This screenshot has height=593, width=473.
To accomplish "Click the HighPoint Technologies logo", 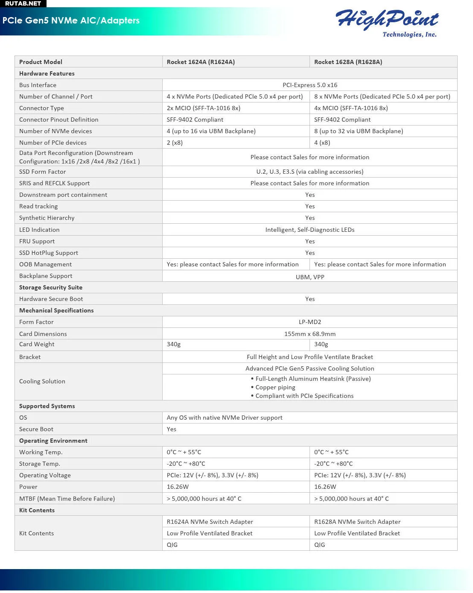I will click(387, 22).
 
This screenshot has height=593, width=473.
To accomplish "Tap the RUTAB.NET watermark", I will click(23, 3).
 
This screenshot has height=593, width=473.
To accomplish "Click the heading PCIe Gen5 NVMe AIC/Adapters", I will click(71, 20).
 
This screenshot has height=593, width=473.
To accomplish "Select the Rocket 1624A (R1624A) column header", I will click(201, 62).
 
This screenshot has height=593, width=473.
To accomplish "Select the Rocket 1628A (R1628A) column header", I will click(348, 62).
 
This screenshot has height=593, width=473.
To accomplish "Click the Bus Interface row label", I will click(38, 85).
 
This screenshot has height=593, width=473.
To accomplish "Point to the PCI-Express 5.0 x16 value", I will click(310, 85).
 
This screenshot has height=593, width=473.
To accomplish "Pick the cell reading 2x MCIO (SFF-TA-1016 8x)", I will click(204, 108).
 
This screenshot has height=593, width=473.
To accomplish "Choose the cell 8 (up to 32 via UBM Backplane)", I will click(359, 131).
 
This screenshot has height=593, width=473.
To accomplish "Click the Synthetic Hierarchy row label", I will click(47, 218).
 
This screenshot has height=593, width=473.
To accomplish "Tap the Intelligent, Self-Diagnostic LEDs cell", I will click(310, 230).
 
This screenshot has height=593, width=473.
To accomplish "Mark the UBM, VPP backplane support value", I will click(310, 277).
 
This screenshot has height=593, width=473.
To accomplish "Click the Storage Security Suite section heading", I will click(51, 287).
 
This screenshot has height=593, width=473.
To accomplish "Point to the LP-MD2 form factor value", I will click(310, 322).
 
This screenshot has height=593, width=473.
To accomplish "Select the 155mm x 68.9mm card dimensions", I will click(310, 334).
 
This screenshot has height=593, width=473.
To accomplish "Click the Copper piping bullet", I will click(275, 387).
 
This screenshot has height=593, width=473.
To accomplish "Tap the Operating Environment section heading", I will click(53, 441).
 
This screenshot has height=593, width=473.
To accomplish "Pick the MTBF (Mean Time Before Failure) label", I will click(67, 499).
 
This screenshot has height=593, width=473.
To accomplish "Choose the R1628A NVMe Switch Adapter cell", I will click(357, 522).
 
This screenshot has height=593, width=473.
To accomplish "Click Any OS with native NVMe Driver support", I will click(225, 418).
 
